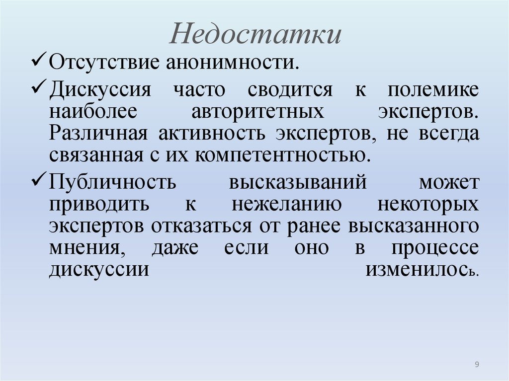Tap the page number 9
coord(477,365)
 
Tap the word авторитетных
coord(258,112)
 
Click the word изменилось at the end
coord(422,270)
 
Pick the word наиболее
coord(92,112)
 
